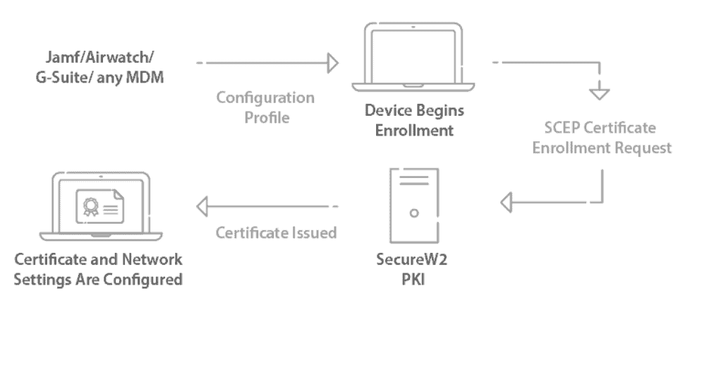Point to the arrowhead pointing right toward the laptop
click(x=332, y=64)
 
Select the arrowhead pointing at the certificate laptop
click(x=203, y=206)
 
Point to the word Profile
click(x=267, y=117)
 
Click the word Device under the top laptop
click(x=387, y=112)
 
